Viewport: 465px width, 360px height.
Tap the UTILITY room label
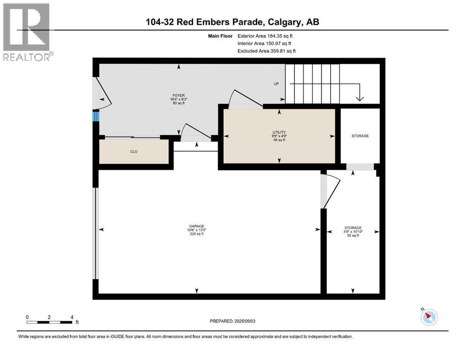[x=279, y=132]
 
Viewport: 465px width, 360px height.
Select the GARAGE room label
[x=197, y=226]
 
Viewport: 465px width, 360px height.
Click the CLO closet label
[x=134, y=151]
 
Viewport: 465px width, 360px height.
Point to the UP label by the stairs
[x=276, y=84]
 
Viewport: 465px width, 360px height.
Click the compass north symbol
[x=429, y=317]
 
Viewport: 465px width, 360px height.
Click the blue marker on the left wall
[x=96, y=116]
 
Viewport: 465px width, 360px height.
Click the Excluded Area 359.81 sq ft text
[x=266, y=51]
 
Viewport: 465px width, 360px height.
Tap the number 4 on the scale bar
[x=72, y=317]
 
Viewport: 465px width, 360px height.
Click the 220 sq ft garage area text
[x=197, y=234]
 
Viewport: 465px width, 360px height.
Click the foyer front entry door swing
[x=102, y=94]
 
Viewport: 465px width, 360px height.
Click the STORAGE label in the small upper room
[x=360, y=136]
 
